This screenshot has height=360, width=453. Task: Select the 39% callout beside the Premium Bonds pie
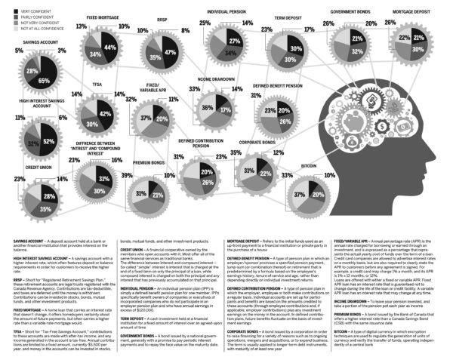click(x=126, y=175)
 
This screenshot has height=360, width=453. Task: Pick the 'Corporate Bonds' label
click(x=256, y=143)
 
